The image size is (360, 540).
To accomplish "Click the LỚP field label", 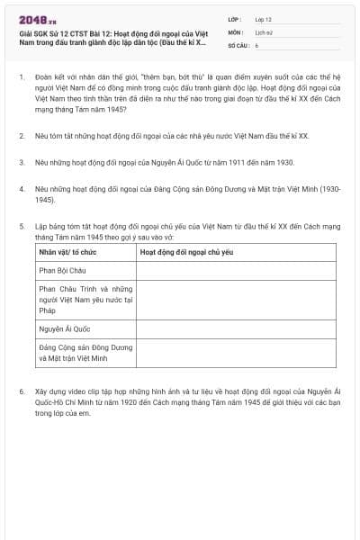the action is point(234,18).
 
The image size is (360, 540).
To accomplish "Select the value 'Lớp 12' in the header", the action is point(263,18).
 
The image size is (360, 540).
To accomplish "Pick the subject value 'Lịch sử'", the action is point(264,31).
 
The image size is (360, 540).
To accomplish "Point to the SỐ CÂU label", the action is point(238,43).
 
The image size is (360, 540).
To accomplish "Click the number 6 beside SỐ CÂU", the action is point(256,43).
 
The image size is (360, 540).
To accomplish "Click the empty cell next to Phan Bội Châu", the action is point(238,269).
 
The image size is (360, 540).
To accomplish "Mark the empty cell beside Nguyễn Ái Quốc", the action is point(238,329).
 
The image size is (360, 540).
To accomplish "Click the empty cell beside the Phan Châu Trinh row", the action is point(238,299).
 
